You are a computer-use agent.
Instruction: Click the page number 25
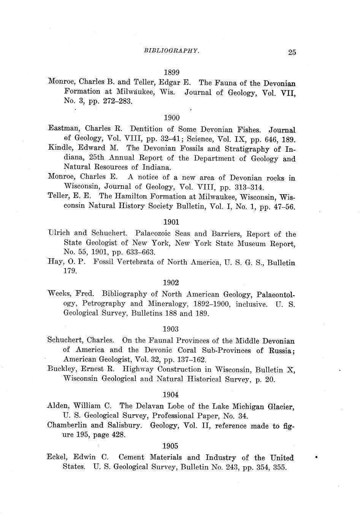pyautogui.click(x=292, y=52)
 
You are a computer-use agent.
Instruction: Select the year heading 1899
pyautogui.click(x=171, y=72)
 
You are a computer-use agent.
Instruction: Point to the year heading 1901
pyautogui.click(x=171, y=222)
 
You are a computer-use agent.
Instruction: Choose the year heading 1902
pyautogui.click(x=171, y=283)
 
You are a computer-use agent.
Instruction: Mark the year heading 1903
pyautogui.click(x=171, y=329)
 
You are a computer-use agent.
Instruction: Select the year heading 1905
pyautogui.click(x=170, y=446)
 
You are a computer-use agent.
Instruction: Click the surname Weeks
pyautogui.click(x=59, y=294)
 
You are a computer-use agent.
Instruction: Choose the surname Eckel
pyautogui.click(x=57, y=457)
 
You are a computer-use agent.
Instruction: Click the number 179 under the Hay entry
pyautogui.click(x=70, y=271)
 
